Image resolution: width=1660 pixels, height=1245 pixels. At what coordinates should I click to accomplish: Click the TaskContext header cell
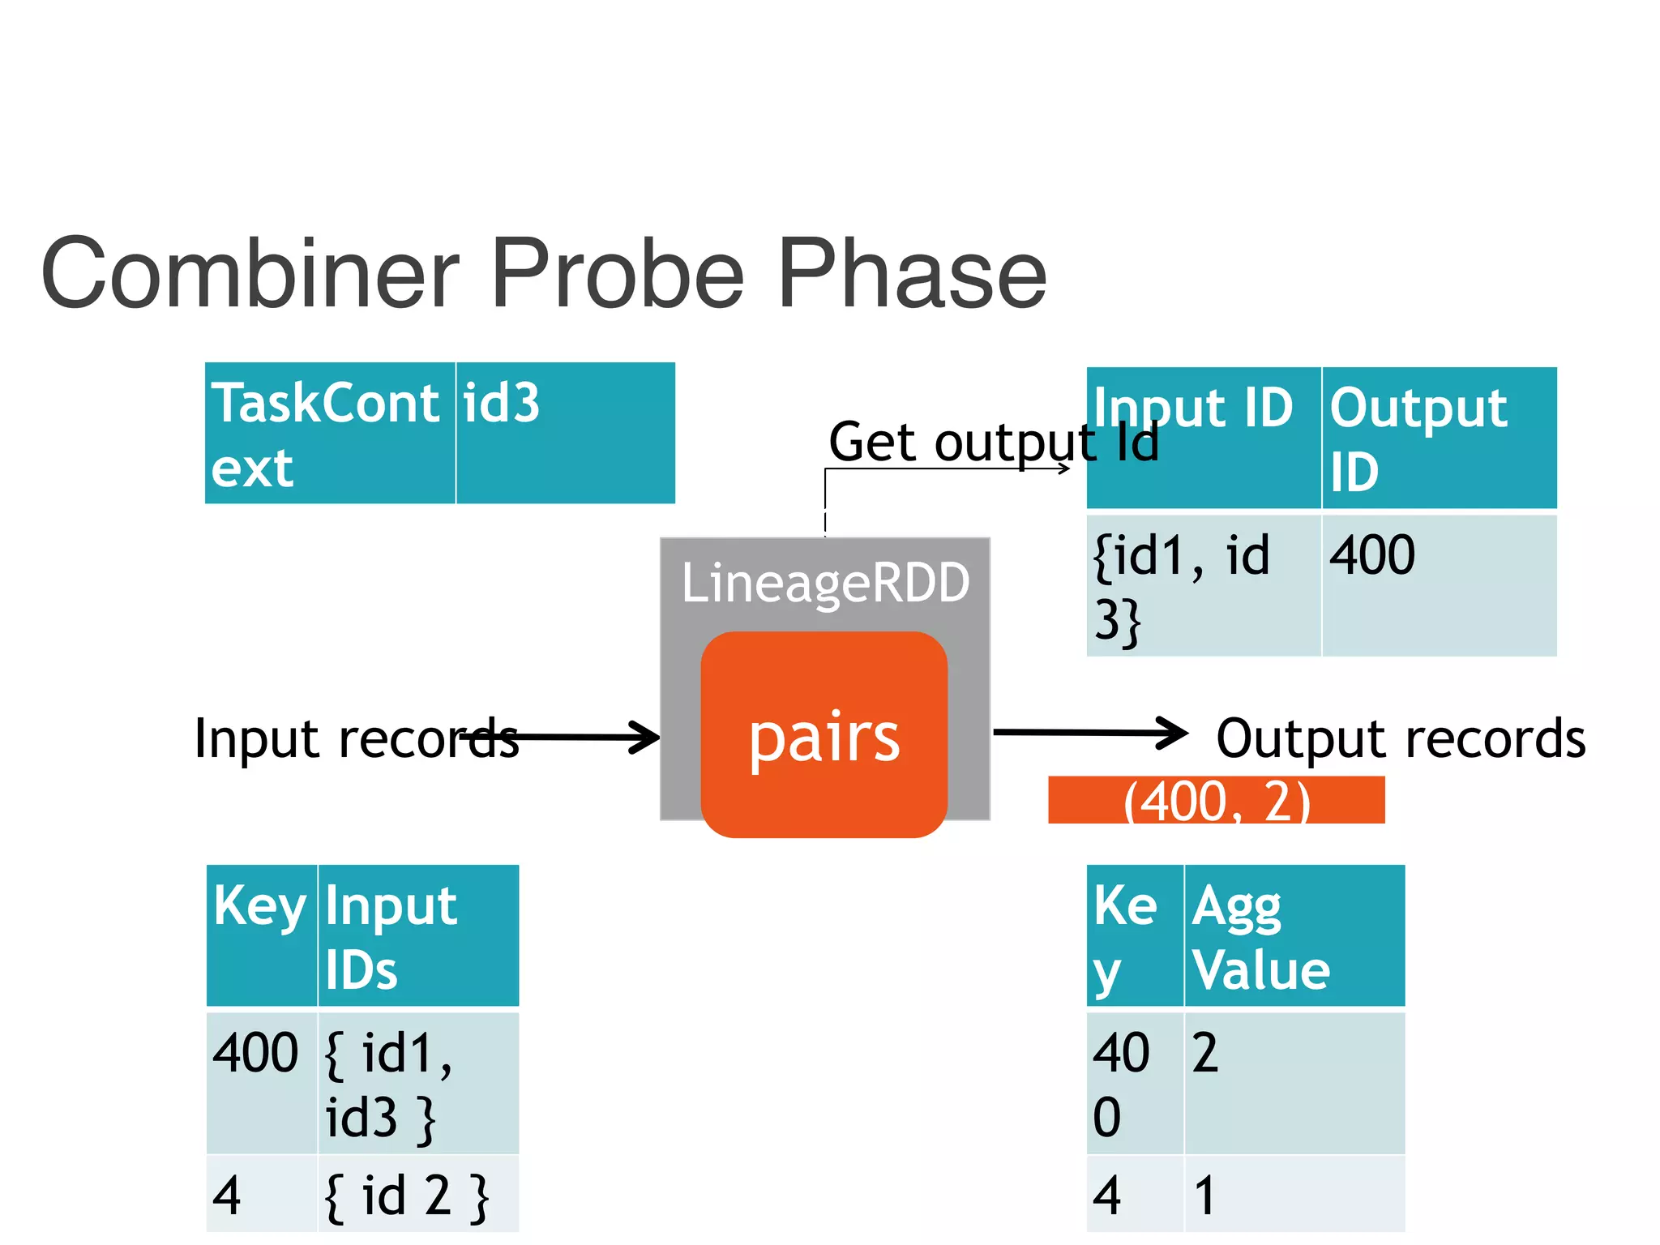pos(330,434)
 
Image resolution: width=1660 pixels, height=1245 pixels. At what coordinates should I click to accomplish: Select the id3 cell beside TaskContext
pos(565,434)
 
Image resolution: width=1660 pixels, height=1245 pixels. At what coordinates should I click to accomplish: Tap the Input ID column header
pos(1203,438)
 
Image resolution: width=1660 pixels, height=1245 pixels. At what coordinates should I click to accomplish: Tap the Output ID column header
pos(1439,438)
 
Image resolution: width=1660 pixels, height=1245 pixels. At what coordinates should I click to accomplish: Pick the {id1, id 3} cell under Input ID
pos(1203,585)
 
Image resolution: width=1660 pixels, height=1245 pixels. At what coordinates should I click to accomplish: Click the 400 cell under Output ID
pos(1439,585)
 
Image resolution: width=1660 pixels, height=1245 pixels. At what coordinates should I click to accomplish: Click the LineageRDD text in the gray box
pos(825,583)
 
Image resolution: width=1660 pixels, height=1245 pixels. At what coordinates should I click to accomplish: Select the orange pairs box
pos(824,734)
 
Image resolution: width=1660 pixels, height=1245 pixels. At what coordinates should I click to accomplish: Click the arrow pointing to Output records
pos(1090,733)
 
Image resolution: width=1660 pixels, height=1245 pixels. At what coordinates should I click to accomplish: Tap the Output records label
pos(1401,738)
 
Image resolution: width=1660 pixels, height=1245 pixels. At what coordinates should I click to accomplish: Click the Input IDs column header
pos(418,935)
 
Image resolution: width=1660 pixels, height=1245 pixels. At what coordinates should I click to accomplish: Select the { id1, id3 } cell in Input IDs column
pos(418,1083)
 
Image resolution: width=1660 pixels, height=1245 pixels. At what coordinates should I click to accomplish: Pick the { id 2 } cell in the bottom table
pos(418,1195)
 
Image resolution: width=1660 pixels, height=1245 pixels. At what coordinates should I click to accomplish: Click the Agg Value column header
pos(1294,935)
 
